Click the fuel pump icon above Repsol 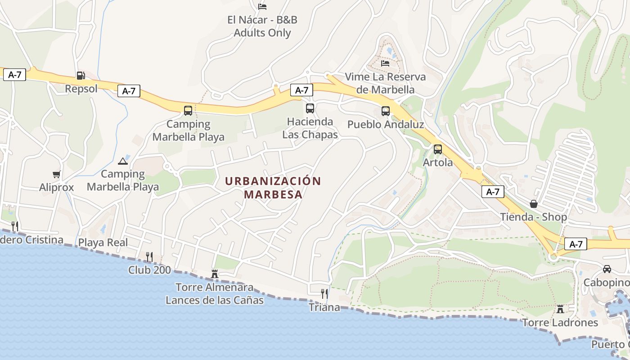tap(81, 75)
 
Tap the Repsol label tap(81, 89)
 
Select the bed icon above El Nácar tap(262, 6)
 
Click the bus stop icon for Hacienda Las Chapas tap(310, 108)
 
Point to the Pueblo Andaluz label tap(386, 124)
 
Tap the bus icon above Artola tap(438, 149)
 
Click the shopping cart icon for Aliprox tap(56, 174)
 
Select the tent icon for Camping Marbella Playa tap(123, 161)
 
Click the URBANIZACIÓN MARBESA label tap(273, 188)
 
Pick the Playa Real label tap(103, 243)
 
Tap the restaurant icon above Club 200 tap(149, 256)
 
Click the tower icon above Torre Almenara tap(215, 274)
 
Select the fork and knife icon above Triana tap(324, 294)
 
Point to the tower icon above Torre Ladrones tap(560, 309)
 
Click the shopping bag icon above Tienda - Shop tap(534, 204)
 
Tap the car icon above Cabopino tap(607, 269)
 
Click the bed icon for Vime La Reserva tap(385, 63)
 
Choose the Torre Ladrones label tap(560, 323)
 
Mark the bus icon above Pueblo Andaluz tap(386, 111)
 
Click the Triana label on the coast tap(324, 307)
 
